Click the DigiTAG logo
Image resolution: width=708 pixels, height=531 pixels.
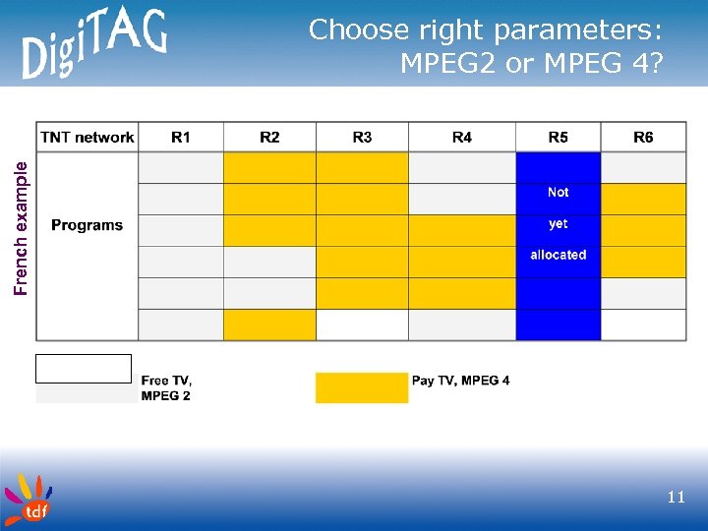click(93, 44)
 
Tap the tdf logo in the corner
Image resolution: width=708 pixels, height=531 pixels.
click(27, 500)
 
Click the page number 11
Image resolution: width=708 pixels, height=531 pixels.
click(676, 498)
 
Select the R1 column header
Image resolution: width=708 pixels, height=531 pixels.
click(181, 138)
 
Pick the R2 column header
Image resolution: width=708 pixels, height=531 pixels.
click(269, 138)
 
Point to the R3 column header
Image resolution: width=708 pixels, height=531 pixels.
click(362, 138)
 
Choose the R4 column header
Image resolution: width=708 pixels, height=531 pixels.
click(461, 138)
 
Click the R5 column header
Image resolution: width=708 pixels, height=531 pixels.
click(558, 138)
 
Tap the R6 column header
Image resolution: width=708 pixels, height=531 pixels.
click(643, 138)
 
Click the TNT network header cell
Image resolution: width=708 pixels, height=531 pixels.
click(88, 138)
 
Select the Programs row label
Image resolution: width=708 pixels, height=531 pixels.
click(88, 225)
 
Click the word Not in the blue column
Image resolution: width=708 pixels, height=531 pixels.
click(558, 193)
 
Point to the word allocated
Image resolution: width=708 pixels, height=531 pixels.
click(558, 255)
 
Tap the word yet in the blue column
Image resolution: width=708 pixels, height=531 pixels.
click(558, 224)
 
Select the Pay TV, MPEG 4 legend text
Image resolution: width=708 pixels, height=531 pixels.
click(460, 381)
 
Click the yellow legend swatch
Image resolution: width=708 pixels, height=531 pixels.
click(361, 387)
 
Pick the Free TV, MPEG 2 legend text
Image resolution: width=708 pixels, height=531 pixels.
click(166, 387)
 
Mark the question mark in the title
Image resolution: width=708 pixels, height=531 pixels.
click(655, 63)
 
